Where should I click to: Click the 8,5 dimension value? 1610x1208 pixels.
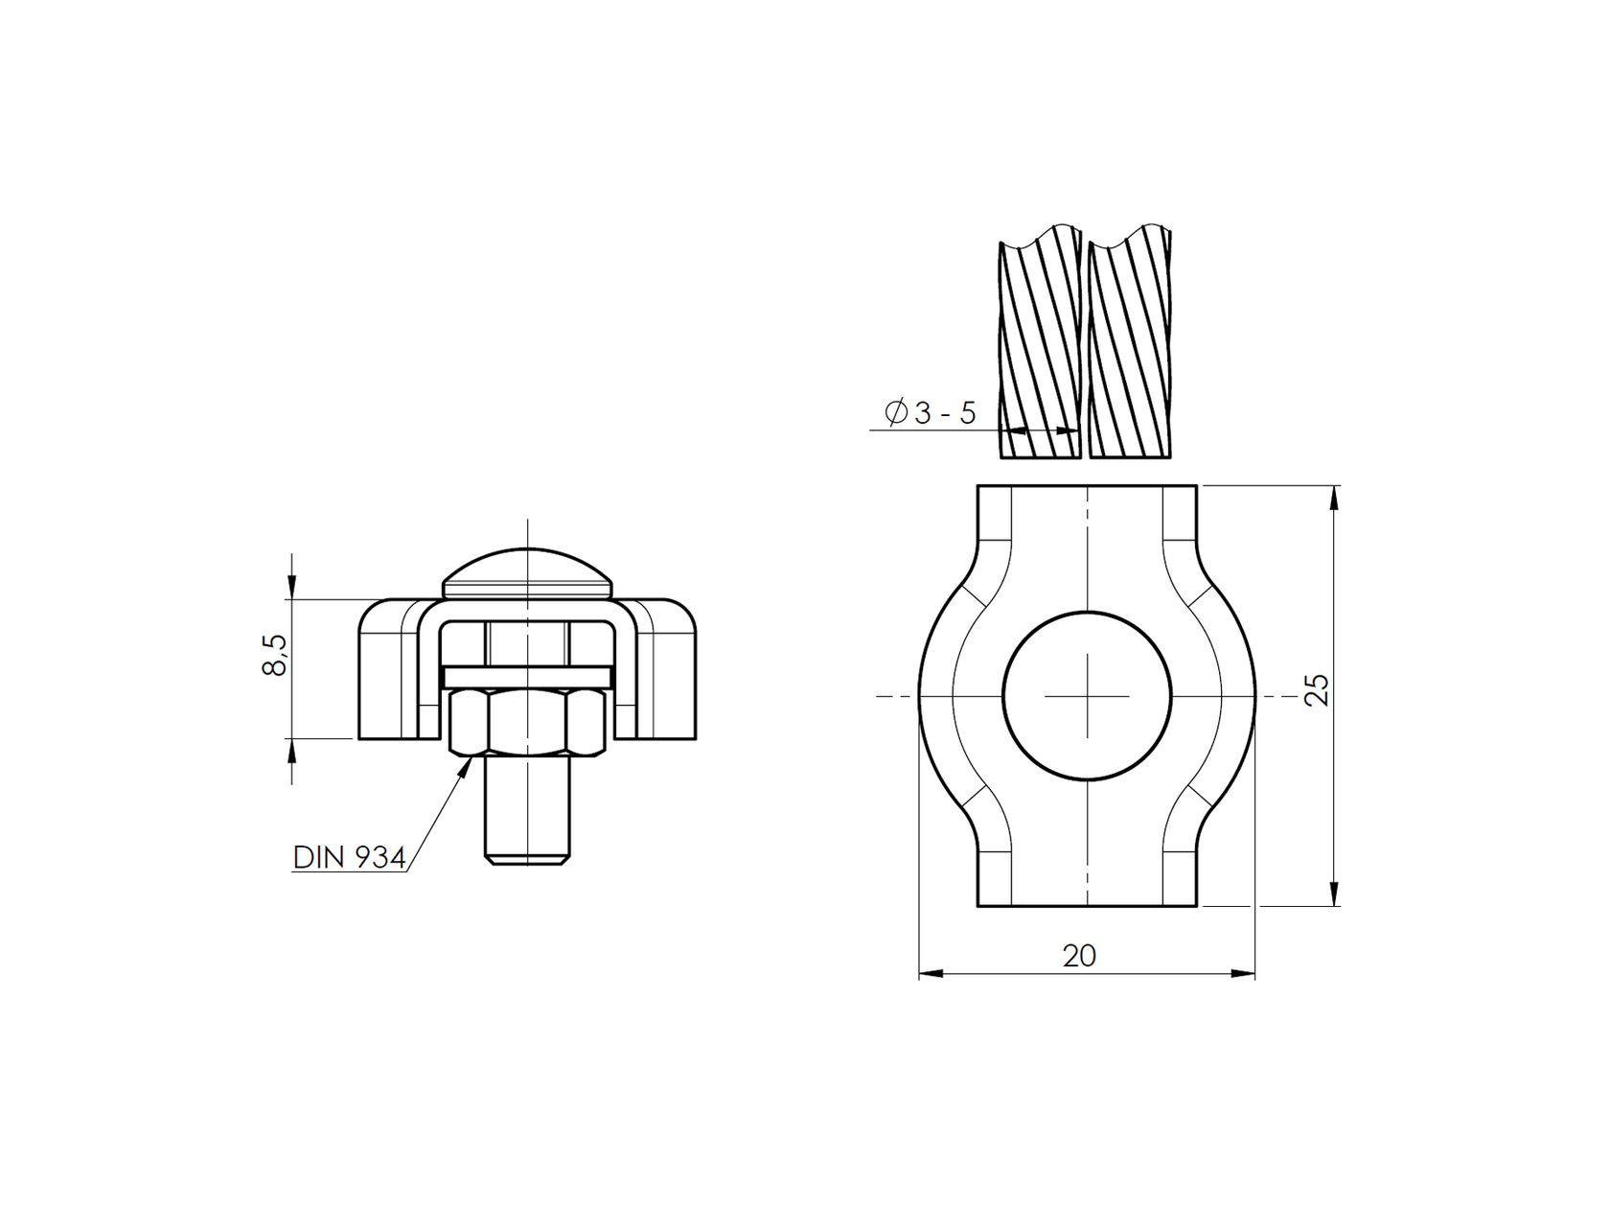(274, 655)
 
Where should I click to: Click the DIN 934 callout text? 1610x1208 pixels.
(349, 857)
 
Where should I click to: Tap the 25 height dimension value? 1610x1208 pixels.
(1319, 690)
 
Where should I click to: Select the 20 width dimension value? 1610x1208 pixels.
(1079, 956)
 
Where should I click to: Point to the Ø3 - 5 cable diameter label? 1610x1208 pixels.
(931, 413)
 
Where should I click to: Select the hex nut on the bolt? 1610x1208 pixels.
(527, 723)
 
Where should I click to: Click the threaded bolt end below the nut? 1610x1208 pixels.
(527, 810)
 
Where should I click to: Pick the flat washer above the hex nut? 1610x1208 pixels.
(527, 677)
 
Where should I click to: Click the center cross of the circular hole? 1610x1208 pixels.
(1088, 695)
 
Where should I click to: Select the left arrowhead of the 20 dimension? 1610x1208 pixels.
(931, 974)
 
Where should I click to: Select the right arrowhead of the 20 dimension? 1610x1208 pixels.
(1244, 974)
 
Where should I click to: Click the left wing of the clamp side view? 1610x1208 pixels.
(388, 671)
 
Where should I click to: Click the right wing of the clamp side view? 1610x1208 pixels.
(666, 671)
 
